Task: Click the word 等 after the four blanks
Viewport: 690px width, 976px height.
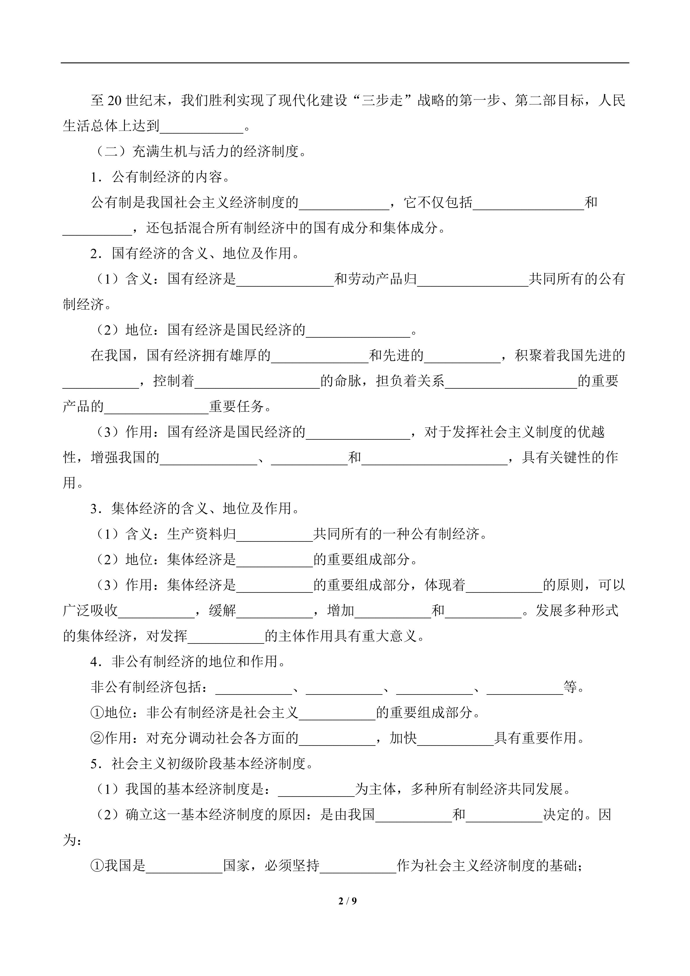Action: [571, 687]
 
